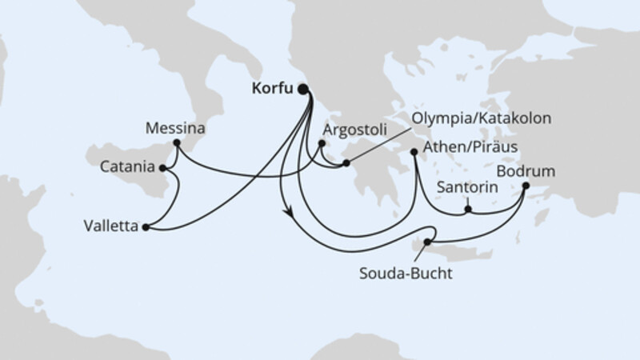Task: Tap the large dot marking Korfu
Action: pos(304,90)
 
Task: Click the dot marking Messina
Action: pos(176,142)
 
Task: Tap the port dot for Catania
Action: pos(162,168)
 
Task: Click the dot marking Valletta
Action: pos(145,228)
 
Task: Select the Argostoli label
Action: pos(354,128)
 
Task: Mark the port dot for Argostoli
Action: pos(322,144)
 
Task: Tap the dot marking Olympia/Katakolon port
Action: pos(346,164)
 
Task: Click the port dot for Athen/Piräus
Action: pos(414,150)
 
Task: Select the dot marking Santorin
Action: pos(469,211)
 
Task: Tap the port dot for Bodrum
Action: pos(526,186)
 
